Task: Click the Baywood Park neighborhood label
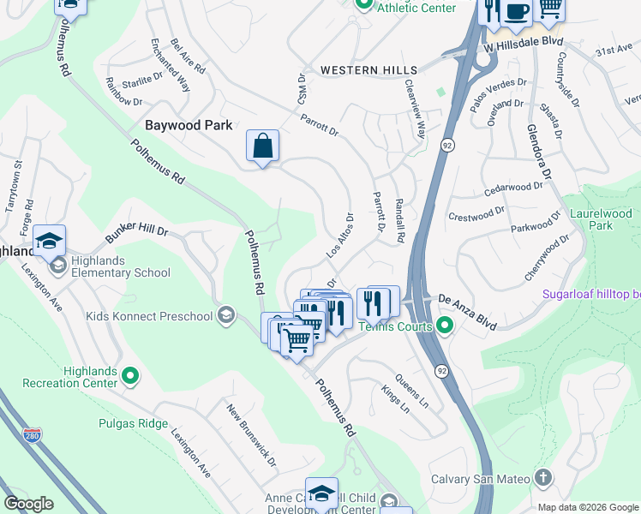click(189, 125)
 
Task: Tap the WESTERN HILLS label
click(368, 70)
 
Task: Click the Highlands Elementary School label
click(111, 267)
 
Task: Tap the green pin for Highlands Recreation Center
click(129, 374)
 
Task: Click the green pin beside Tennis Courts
click(444, 325)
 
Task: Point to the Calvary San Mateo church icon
click(542, 477)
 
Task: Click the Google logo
click(28, 504)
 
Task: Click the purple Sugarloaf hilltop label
click(590, 295)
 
